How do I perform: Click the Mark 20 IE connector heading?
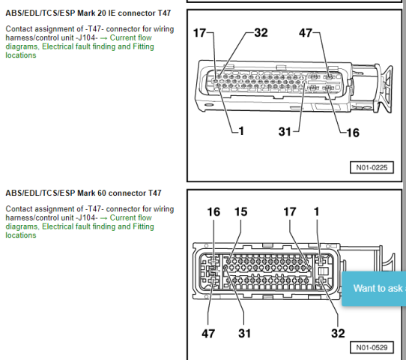pos(88,13)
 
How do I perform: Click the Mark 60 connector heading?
pos(83,193)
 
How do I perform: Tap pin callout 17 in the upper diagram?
pos(200,33)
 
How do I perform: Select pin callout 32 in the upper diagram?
pos(261,33)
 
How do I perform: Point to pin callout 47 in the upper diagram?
pos(306,33)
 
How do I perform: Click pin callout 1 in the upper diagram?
pos(241,131)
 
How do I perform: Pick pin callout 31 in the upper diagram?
pos(285,131)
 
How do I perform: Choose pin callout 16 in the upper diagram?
pos(353,133)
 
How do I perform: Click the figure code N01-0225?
pos(372,167)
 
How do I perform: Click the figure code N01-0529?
pos(372,347)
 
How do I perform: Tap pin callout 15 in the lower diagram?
pos(240,211)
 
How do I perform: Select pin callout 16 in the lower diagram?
pos(213,211)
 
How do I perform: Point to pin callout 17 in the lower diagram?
pos(290,211)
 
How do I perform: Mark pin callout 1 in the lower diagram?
pos(316,211)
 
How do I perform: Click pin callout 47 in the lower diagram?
pos(208,334)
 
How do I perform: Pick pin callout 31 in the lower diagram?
pos(244,334)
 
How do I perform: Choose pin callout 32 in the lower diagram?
pos(338,334)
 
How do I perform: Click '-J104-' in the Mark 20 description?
pos(87,37)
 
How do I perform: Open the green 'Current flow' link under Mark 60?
pos(131,217)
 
